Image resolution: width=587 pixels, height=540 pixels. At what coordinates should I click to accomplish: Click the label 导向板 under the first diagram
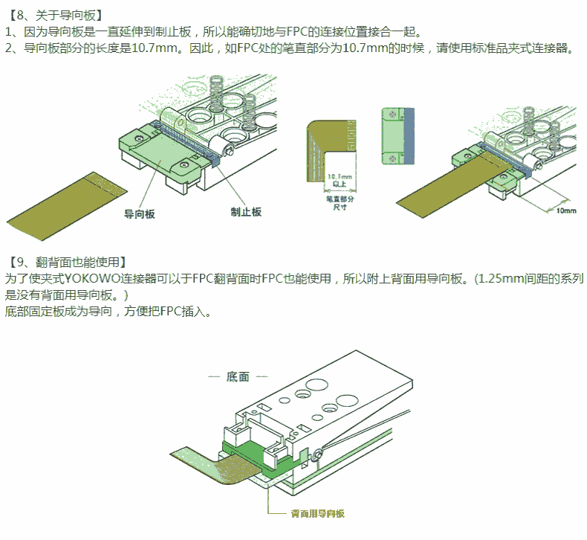[x=140, y=213]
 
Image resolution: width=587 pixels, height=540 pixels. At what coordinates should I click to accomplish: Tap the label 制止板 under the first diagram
[x=246, y=212]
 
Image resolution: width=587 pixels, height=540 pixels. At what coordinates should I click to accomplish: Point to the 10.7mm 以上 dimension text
[x=340, y=179]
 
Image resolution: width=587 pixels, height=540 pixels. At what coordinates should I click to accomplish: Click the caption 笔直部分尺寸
[x=340, y=203]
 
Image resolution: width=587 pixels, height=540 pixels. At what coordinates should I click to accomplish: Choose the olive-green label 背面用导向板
[x=316, y=514]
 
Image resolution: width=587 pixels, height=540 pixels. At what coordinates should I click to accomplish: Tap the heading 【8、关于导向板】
[x=55, y=14]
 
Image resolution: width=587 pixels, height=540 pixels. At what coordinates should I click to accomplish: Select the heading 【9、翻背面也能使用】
[x=68, y=262]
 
